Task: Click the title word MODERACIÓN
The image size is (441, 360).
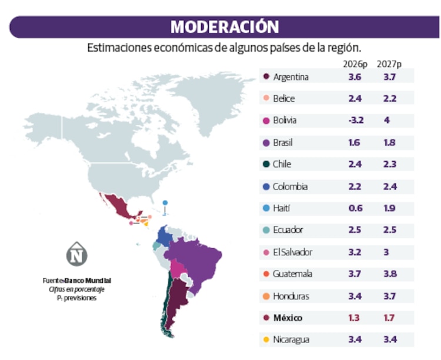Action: [225, 27]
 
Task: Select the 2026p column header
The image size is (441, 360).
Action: [355, 64]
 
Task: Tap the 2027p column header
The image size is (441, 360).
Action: [389, 64]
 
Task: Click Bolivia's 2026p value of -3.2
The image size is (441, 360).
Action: [355, 121]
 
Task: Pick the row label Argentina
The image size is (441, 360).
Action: [290, 77]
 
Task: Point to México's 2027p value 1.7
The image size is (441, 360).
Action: [389, 318]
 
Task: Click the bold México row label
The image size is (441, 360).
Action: [288, 318]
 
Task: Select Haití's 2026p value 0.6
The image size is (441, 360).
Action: [355, 208]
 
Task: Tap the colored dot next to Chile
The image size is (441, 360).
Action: [266, 165]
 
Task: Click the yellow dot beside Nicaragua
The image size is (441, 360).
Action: [266, 340]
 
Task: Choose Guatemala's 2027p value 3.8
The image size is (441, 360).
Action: [389, 274]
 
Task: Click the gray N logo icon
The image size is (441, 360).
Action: [76, 254]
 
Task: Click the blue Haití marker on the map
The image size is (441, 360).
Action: [165, 203]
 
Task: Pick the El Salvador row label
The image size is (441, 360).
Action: [292, 252]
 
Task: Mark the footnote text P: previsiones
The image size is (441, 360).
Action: [76, 298]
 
